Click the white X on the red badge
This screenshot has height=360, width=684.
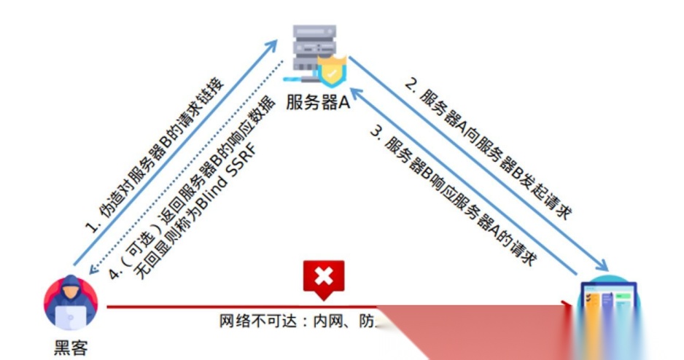(x=323, y=276)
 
